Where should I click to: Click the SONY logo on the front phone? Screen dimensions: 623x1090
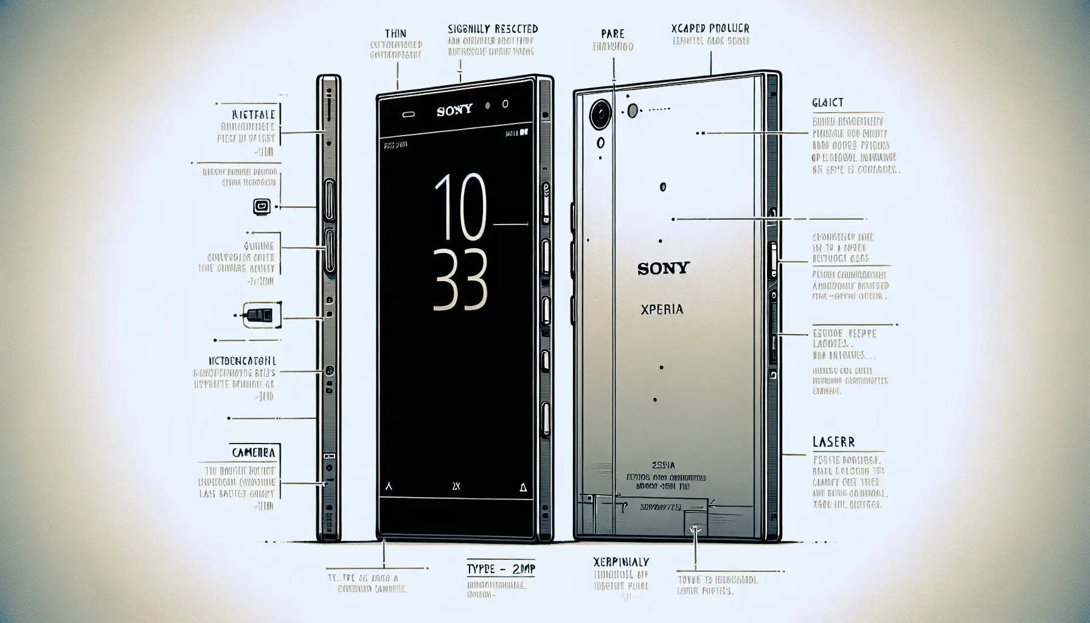click(454, 111)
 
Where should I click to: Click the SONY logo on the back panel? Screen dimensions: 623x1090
click(663, 268)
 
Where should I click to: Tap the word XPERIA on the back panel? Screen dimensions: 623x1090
click(662, 310)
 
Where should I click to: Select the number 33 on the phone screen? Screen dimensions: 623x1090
click(459, 280)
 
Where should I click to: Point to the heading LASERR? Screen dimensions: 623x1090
click(833, 442)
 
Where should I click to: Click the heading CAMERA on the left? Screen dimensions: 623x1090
click(254, 453)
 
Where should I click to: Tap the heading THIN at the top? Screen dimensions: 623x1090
click(396, 33)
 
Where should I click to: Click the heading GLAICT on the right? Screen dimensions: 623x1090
click(827, 103)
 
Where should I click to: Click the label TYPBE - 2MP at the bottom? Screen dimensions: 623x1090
click(501, 569)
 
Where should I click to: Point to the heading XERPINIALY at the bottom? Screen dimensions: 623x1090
click(620, 562)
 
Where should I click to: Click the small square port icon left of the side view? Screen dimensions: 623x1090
click(261, 206)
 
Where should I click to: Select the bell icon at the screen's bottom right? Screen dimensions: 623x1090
click(523, 487)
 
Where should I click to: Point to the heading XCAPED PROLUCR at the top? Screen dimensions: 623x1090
click(710, 29)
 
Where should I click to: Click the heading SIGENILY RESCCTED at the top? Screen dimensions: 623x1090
click(493, 29)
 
